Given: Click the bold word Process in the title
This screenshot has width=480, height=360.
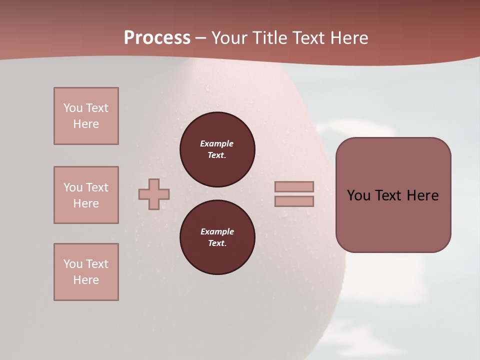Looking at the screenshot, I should point(157,38).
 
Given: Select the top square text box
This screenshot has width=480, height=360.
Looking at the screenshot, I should point(86,116).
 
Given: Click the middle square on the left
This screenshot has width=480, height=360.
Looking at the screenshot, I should point(86,195).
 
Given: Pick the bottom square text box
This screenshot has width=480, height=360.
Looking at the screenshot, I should point(86,272).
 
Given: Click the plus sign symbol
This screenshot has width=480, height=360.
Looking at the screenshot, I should point(154,194).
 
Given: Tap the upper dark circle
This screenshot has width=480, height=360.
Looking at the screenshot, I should point(217,149).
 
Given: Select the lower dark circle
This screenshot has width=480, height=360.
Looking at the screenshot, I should point(217,237).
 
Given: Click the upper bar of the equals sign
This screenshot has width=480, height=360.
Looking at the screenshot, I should point(294,186).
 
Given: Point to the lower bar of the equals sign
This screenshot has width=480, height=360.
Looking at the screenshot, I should point(294,201).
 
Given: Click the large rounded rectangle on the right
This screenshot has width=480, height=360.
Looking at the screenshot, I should point(393,195).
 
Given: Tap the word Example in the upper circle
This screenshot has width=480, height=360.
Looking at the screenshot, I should point(217,143).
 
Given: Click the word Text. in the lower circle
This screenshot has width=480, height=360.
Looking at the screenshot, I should point(217,243).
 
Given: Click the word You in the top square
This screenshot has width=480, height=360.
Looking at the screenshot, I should point(73,108).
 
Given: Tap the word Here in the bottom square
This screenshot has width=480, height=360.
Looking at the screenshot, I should point(86,280).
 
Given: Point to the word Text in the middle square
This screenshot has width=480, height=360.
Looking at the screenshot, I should point(97,187).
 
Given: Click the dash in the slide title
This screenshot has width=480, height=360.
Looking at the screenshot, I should point(201,38).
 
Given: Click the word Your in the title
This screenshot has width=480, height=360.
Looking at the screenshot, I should point(229,38).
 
